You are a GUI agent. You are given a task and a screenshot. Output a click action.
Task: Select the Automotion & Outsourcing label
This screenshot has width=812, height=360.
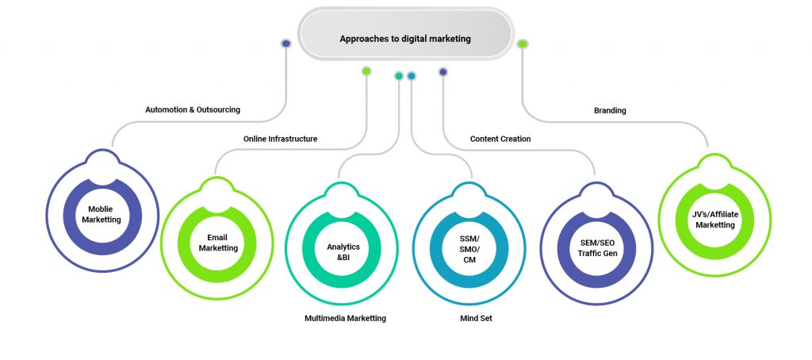(x=193, y=109)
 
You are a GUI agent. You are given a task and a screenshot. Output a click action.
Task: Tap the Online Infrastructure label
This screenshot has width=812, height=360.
(x=280, y=139)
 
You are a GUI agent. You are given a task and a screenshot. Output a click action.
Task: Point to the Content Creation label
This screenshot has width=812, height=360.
(x=500, y=139)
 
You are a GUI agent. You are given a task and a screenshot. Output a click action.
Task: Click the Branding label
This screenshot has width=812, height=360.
(x=610, y=110)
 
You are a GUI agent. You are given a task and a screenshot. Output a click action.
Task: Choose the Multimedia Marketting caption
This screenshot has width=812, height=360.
(x=345, y=318)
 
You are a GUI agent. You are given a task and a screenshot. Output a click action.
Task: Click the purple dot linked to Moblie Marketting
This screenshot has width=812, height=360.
(x=286, y=44)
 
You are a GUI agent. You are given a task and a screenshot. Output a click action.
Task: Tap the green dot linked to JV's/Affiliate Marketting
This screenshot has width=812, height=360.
(x=523, y=44)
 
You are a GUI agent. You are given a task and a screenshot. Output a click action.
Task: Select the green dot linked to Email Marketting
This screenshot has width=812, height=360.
(x=366, y=71)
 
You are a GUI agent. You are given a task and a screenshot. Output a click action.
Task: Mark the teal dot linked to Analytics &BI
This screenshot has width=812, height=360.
(x=399, y=76)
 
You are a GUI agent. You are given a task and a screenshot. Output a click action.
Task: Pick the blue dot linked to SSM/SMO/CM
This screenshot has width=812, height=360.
(x=412, y=76)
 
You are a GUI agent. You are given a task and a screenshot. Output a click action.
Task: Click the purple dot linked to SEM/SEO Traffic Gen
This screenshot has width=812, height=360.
(x=443, y=72)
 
